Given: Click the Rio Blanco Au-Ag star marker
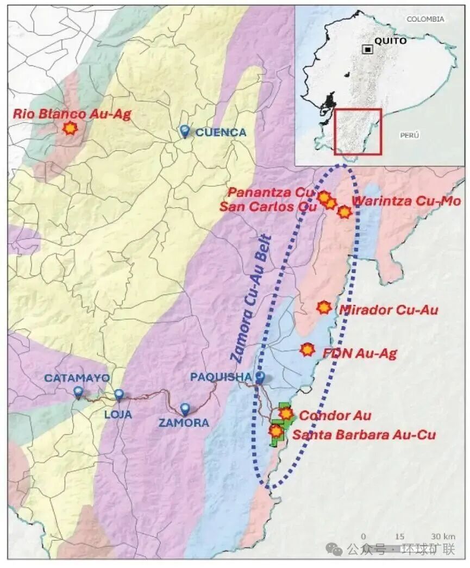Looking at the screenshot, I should tap(70, 128).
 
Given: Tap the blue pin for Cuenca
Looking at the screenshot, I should tap(185, 131).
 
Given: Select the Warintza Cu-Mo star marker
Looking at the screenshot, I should tap(344, 212).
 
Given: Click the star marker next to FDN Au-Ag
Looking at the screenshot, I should tap(308, 349).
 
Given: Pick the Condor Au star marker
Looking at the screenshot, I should tap(286, 414).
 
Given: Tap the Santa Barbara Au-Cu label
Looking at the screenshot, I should tap(364, 434).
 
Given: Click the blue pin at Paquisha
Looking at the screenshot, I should tap(260, 377).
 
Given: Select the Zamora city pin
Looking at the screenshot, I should tap(185, 409).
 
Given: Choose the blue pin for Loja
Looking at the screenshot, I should tap(119, 395).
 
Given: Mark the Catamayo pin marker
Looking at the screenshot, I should tap(79, 391).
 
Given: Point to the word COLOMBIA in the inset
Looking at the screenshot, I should tap(425, 19).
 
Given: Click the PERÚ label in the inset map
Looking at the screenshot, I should tap(409, 135).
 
